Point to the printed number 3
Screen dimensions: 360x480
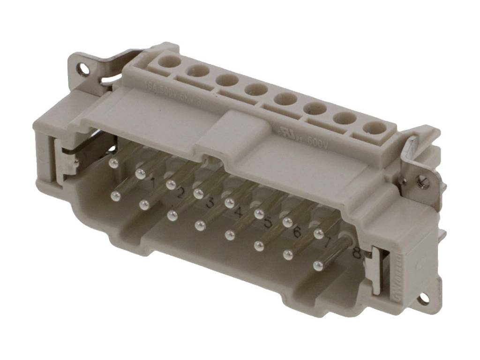[x=210, y=203]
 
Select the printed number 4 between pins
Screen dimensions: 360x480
[x=239, y=214]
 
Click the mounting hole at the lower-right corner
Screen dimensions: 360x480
[x=424, y=298]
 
